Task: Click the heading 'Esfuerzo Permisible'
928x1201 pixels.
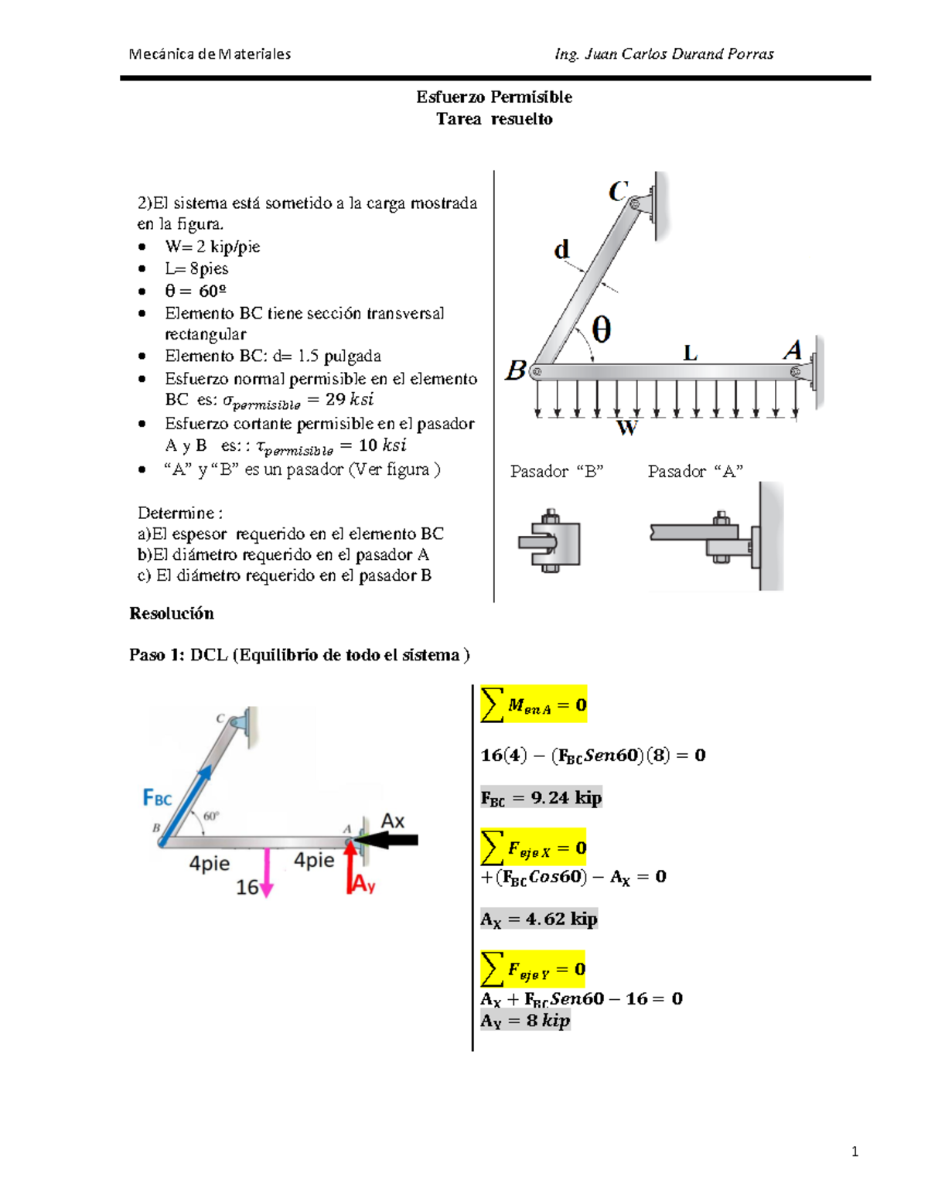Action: point(494,97)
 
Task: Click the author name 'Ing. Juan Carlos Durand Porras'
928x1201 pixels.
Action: point(664,53)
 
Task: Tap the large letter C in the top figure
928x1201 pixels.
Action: point(617,191)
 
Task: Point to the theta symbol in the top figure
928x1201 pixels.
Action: point(601,329)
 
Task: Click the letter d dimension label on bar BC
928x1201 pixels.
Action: point(561,249)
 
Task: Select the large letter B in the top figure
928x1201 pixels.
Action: point(516,370)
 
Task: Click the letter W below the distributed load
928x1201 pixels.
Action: point(626,428)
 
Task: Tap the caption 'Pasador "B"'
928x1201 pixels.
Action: point(556,471)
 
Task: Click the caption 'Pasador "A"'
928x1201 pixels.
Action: point(695,471)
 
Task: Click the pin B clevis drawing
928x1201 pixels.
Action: point(550,541)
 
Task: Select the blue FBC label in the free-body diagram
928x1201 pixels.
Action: point(157,797)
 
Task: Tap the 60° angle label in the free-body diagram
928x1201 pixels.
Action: point(210,816)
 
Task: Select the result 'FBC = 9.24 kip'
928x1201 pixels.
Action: point(541,797)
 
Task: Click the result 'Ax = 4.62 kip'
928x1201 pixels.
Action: point(538,919)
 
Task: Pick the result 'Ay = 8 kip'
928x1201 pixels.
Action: point(525,1021)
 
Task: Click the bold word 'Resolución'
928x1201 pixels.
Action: point(171,613)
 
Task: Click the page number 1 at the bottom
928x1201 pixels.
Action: point(855,1152)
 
